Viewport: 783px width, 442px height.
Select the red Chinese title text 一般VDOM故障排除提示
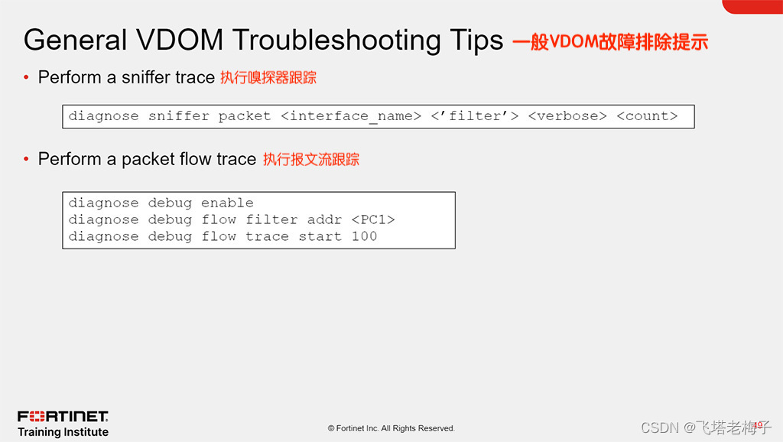pyautogui.click(x=609, y=41)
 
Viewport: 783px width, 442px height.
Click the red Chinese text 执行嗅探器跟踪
pyautogui.click(x=268, y=77)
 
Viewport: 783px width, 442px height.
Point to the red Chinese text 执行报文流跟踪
pyautogui.click(x=310, y=159)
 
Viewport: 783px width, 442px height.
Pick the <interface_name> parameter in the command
pyautogui.click(x=351, y=116)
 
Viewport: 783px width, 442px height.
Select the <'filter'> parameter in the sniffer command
pyautogui.click(x=474, y=116)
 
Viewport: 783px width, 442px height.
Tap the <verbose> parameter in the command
pyautogui.click(x=567, y=116)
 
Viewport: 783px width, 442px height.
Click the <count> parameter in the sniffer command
pyautogui.click(x=647, y=116)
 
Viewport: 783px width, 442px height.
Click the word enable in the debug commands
pyautogui.click(x=227, y=203)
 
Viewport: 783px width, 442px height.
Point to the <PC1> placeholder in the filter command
pyautogui.click(x=373, y=219)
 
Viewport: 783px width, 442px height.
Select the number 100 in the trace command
pyautogui.click(x=364, y=236)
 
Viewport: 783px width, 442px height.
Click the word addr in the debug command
pyautogui.click(x=324, y=219)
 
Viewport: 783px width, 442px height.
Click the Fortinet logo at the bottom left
pyautogui.click(x=63, y=416)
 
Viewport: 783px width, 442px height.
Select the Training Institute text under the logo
pyautogui.click(x=63, y=432)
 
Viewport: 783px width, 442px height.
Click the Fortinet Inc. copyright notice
pyautogui.click(x=391, y=428)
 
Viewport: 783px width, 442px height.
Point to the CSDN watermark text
pyautogui.click(x=703, y=427)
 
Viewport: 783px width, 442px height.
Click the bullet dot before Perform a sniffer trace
pyautogui.click(x=27, y=77)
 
